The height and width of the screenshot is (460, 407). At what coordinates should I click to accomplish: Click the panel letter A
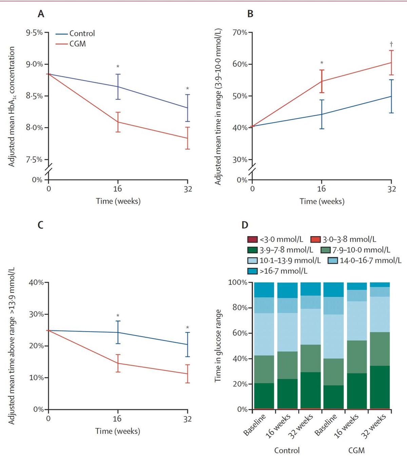tap(41, 14)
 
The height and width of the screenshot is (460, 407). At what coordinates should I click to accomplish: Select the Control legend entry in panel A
tap(82, 33)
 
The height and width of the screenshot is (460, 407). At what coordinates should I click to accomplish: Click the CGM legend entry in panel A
tap(77, 44)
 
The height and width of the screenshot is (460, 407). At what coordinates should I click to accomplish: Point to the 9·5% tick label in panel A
tap(34, 33)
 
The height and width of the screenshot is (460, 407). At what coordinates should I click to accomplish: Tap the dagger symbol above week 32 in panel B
tap(391, 44)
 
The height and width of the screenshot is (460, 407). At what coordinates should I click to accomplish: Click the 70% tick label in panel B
tap(239, 33)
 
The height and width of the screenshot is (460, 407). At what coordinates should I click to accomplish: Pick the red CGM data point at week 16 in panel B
tap(322, 81)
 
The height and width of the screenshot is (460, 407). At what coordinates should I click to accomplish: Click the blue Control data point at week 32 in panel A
tap(188, 108)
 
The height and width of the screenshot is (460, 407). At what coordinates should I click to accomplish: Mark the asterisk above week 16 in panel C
tap(118, 316)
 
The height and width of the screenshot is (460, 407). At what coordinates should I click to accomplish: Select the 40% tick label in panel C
tap(36, 282)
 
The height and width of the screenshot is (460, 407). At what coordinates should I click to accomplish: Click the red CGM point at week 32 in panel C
tap(188, 374)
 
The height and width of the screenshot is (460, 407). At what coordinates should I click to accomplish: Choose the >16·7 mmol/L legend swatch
tap(252, 271)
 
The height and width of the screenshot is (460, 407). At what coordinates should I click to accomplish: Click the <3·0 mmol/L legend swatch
tap(252, 239)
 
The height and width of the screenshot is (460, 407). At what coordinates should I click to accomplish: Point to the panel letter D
tap(245, 225)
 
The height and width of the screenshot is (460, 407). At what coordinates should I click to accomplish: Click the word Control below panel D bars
tap(287, 450)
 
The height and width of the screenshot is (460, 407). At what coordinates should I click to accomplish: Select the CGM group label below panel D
tap(356, 450)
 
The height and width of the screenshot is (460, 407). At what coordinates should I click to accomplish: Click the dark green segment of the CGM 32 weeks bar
tap(380, 387)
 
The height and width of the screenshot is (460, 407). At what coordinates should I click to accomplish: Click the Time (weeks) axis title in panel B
tap(322, 201)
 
